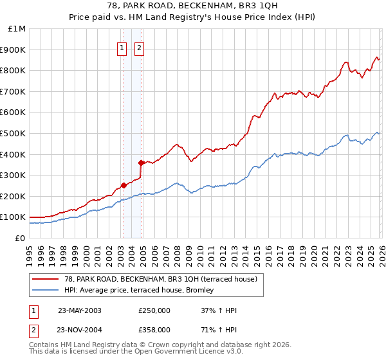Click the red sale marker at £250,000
click(124, 186)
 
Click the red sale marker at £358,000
click(141, 163)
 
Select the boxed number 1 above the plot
click(122, 47)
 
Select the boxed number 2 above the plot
click(140, 47)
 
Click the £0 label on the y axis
click(19, 239)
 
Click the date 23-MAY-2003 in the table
click(79, 310)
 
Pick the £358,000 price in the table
click(154, 330)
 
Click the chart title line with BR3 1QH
click(192, 6)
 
